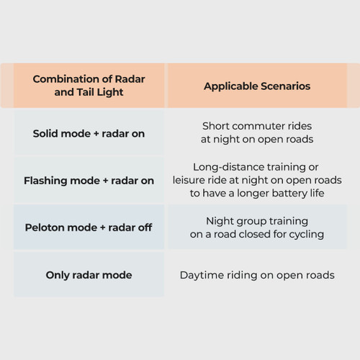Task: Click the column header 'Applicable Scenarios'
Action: (x=257, y=86)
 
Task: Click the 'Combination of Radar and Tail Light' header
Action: (x=89, y=86)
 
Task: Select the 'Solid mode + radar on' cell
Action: (x=89, y=133)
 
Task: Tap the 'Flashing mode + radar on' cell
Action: (x=89, y=181)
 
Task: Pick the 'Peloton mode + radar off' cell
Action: (x=89, y=228)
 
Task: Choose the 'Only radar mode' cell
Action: (x=89, y=275)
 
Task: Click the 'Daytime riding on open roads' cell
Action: (x=257, y=275)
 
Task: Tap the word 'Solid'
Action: (x=43, y=133)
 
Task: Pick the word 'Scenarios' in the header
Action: (x=285, y=86)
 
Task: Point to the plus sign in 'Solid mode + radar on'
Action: (x=96, y=134)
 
